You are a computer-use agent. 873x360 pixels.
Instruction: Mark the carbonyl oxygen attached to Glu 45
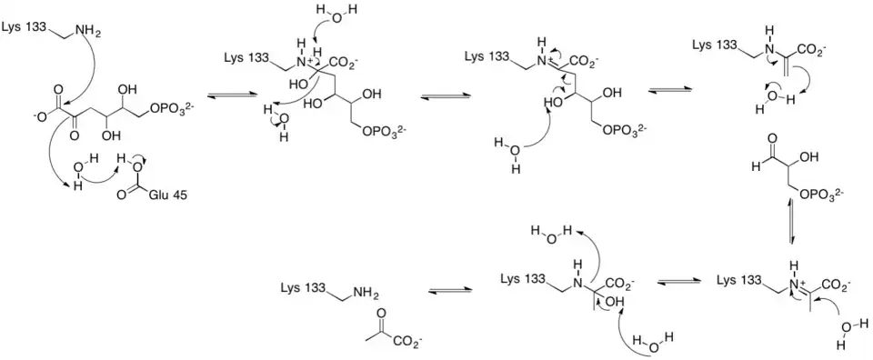121,195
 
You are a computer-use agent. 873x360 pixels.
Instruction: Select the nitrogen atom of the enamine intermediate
768,50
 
